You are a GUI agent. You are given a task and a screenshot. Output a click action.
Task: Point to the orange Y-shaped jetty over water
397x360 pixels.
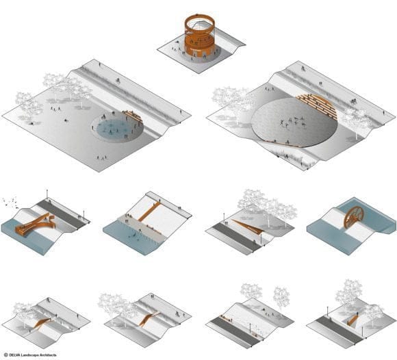point(36,224)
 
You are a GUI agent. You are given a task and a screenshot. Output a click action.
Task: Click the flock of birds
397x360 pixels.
point(10,202)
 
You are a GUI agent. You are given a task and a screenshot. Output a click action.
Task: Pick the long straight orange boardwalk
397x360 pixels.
point(149,211)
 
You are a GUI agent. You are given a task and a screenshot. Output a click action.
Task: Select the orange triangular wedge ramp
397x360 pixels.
point(248,227)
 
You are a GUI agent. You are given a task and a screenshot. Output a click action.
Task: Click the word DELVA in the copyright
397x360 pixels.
point(15,355)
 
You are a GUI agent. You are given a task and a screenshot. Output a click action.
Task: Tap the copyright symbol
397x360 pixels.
point(6,355)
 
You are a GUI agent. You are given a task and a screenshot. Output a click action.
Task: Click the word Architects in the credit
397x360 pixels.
point(48,355)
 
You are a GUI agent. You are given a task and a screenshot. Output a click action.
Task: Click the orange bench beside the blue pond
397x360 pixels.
point(131,115)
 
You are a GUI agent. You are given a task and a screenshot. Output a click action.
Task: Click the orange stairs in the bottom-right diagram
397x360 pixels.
point(352,320)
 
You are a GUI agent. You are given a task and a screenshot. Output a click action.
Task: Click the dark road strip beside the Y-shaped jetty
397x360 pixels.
point(62,215)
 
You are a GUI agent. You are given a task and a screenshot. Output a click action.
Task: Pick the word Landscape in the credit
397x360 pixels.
point(29,355)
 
